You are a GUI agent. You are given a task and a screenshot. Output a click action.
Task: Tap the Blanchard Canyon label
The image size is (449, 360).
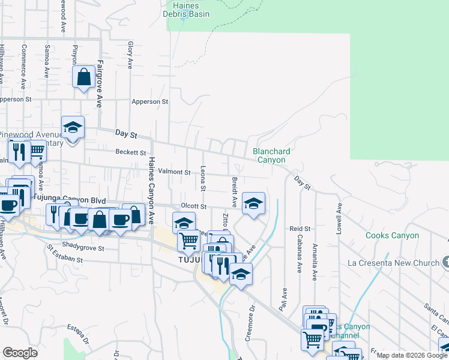tap(271, 155)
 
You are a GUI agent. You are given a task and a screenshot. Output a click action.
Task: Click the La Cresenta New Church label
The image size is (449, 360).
tap(393, 263)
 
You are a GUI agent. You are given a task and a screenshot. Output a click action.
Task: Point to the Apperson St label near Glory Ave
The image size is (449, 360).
tap(150, 102)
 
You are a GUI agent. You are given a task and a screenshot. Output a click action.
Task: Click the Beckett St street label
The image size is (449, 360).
tap(131, 153)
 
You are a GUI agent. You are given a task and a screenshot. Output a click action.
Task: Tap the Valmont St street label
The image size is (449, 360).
tap(174, 172)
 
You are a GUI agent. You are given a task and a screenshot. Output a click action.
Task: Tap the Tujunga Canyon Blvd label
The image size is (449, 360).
tap(70, 200)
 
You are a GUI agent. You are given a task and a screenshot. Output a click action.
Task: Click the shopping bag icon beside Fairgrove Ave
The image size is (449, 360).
tap(83, 77)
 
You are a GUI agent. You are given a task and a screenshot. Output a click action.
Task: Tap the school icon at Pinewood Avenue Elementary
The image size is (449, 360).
tap(73, 128)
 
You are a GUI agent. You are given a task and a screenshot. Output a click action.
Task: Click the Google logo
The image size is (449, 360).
tap(20, 353)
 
